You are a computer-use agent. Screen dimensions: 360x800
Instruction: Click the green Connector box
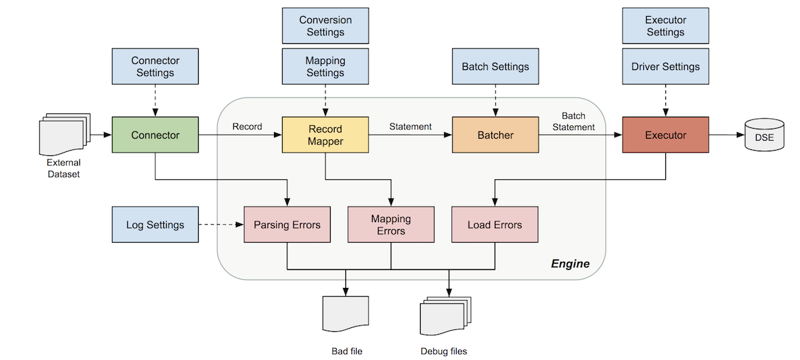[155, 135]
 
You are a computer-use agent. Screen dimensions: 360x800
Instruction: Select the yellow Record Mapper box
[325, 135]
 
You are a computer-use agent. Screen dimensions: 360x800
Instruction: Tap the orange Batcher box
[495, 135]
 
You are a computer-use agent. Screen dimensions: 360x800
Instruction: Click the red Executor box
[665, 135]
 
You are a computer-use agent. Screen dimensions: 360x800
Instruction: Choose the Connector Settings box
[155, 67]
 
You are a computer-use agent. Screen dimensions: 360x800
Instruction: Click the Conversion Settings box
[325, 27]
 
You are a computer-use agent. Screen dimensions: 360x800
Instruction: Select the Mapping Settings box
[325, 67]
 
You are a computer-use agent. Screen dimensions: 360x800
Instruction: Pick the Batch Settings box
[495, 67]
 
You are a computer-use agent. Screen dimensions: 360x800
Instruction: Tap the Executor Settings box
[665, 27]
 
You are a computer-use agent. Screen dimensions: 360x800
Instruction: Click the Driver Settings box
[665, 67]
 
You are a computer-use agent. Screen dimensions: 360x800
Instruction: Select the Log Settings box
[155, 225]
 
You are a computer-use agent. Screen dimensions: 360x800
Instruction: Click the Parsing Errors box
[287, 225]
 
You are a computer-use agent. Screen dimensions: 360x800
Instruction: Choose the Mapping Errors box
[391, 225]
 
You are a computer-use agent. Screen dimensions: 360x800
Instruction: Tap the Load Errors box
[495, 225]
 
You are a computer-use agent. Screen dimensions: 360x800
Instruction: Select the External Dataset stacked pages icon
[64, 133]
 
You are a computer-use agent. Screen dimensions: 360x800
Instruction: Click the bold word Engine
[570, 263]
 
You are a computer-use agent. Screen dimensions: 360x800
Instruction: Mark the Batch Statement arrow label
[578, 121]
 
